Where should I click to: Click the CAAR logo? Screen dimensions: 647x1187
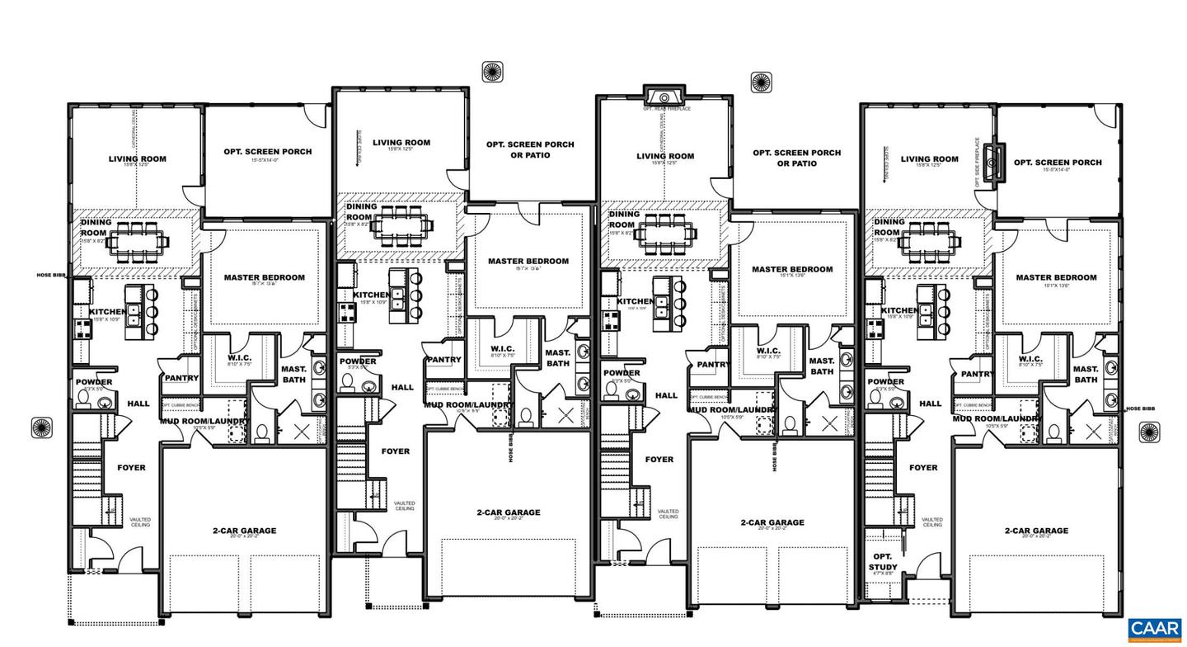[x=1154, y=630]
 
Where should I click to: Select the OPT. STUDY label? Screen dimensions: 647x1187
[x=880, y=561]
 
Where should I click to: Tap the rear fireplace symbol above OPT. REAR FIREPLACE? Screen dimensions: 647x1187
[x=663, y=94]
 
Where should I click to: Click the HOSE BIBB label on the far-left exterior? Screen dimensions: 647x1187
[x=50, y=276]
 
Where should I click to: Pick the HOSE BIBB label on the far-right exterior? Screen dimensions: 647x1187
[x=1140, y=409]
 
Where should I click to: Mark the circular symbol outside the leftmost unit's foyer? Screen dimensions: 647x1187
[x=41, y=427]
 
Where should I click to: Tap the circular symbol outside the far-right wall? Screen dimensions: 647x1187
[x=1150, y=431]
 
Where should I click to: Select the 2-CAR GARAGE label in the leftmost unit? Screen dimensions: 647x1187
[x=244, y=531]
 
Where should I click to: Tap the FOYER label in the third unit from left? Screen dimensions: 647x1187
[x=659, y=460]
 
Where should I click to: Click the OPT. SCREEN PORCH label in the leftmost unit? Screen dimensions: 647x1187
[x=268, y=152]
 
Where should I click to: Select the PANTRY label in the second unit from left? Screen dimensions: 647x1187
[x=443, y=360]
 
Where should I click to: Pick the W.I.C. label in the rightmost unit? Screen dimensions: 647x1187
[x=1030, y=359]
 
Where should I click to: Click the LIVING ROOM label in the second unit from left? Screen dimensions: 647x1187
[x=401, y=143]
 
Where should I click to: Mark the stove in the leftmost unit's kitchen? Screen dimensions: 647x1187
[x=82, y=328]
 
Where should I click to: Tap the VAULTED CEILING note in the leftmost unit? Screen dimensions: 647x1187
[x=140, y=522]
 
